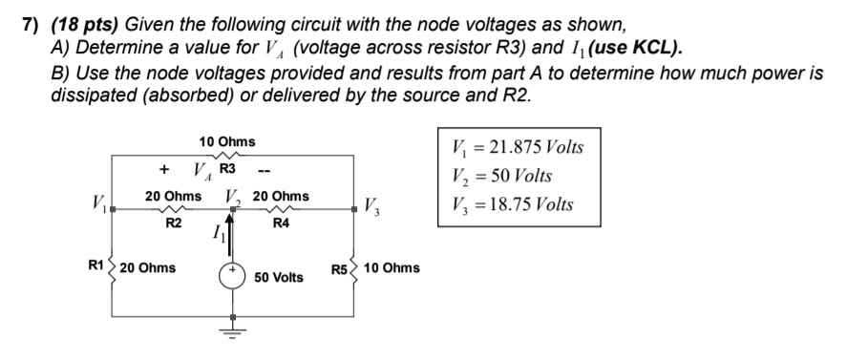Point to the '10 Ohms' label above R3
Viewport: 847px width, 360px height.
[x=226, y=141]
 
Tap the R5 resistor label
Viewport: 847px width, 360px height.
[x=340, y=268]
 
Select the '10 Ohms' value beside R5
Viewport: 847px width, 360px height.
[x=392, y=268]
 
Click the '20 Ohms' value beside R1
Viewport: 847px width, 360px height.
[x=148, y=267]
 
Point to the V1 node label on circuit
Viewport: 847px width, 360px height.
[x=98, y=203]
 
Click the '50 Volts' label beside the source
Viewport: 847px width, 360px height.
[x=279, y=277]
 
